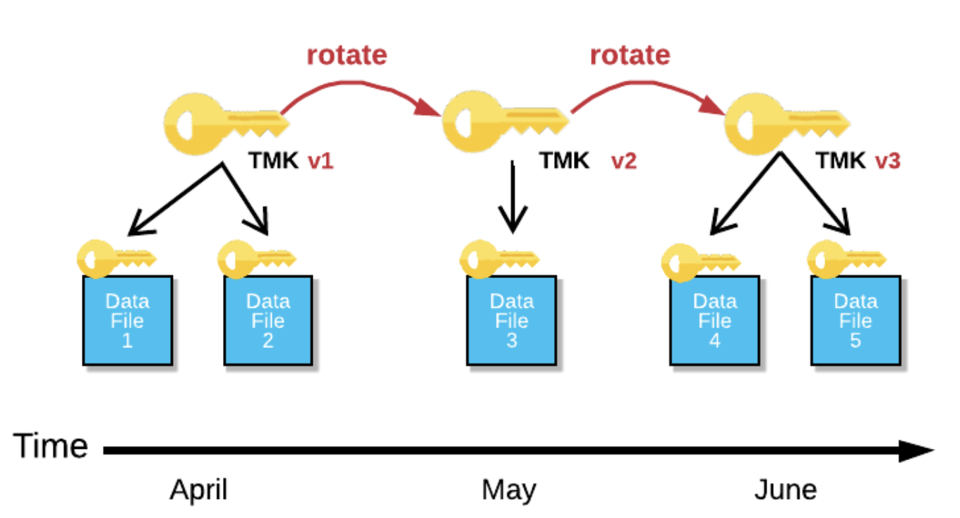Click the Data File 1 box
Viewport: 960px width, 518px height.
(x=128, y=320)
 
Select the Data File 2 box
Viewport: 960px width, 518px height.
(x=268, y=320)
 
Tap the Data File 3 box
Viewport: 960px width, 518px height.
(x=512, y=320)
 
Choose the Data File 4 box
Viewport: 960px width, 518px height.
(x=715, y=320)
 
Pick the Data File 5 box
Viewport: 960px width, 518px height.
(x=856, y=320)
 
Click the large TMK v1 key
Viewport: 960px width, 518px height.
(x=227, y=124)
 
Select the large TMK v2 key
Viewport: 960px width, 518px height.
(x=505, y=121)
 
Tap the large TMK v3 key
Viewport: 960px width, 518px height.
(x=787, y=124)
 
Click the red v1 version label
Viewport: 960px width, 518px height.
(x=320, y=161)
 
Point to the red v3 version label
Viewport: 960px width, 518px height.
(x=887, y=161)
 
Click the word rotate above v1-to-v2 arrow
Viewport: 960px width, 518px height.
(x=347, y=55)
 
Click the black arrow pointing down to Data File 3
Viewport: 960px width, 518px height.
(x=512, y=197)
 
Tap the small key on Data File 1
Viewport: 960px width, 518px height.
(x=116, y=259)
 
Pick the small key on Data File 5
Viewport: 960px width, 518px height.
(x=847, y=259)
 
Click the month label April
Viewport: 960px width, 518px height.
(x=198, y=490)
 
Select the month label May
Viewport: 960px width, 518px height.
(x=509, y=490)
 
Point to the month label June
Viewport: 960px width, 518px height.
(x=786, y=490)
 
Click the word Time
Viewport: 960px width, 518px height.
(x=51, y=446)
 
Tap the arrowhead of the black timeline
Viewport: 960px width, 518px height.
(x=916, y=451)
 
